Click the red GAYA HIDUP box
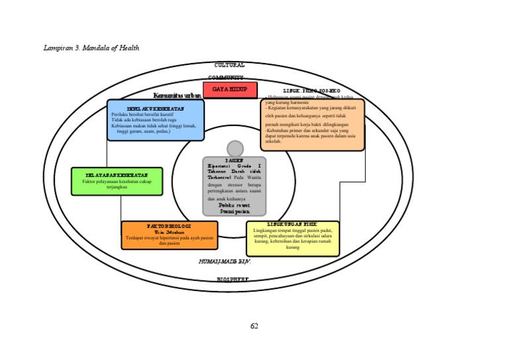pos(230,90)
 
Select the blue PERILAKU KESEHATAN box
pos(156,120)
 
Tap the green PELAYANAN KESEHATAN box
pos(117,181)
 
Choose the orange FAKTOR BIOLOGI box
pos(170,235)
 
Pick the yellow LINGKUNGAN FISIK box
pos(292,239)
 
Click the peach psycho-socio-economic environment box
pos(311,125)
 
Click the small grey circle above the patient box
pos(235,149)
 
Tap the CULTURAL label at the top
pos(229,65)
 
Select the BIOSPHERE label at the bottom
pos(233,280)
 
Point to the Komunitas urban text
pos(177,95)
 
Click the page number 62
pos(254,326)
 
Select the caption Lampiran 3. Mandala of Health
pos(91,48)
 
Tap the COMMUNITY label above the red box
pos(229,78)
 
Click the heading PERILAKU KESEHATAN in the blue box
pos(156,107)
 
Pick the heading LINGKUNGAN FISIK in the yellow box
pos(292,225)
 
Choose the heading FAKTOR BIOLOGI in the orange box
pos(170,227)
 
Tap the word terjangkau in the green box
pos(117,186)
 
